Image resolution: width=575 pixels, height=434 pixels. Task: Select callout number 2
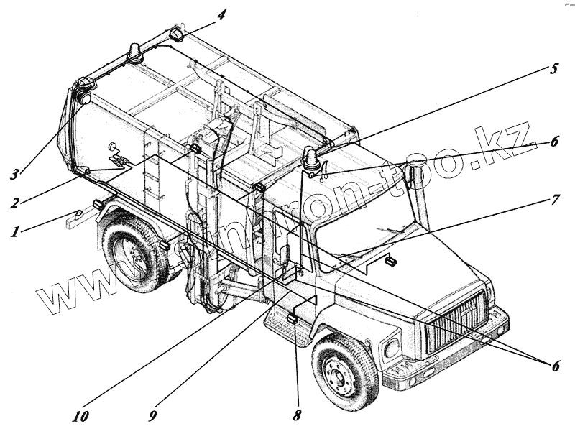click(14, 202)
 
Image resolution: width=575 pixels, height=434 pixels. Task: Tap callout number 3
click(14, 174)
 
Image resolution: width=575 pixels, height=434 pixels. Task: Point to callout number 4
click(221, 14)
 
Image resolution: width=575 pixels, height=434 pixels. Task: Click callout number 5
click(553, 70)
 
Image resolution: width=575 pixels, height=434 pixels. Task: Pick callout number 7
click(554, 199)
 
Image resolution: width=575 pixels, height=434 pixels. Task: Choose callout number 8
click(297, 415)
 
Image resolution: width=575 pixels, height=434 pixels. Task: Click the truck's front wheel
click(344, 369)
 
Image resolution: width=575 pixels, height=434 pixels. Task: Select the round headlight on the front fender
click(392, 349)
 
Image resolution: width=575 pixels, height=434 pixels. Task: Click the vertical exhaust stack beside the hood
click(419, 194)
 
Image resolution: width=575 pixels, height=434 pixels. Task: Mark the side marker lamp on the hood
click(392, 260)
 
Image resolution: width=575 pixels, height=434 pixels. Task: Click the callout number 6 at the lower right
click(554, 365)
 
